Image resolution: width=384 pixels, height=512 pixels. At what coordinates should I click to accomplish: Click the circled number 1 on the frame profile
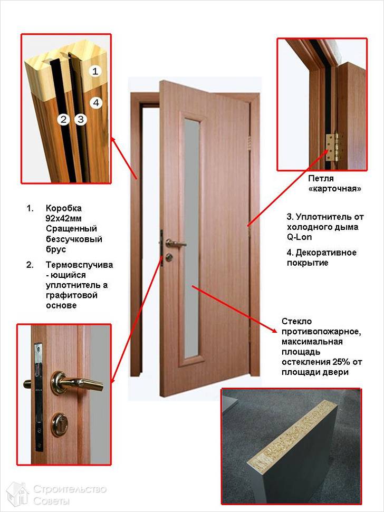[x=95, y=71]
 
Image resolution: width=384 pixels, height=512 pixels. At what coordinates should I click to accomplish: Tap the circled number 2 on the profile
[x=63, y=120]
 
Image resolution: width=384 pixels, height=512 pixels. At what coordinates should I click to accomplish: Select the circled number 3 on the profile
[x=80, y=120]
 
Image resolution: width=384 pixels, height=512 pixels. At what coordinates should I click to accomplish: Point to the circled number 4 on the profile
[x=95, y=102]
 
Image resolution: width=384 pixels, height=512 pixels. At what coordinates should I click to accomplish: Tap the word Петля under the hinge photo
[x=321, y=179]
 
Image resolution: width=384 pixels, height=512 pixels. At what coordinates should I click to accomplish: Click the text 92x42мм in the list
[x=64, y=218]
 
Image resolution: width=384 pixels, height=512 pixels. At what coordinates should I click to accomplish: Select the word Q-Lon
[x=299, y=237]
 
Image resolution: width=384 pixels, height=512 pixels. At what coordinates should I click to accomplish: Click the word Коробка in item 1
[x=64, y=208]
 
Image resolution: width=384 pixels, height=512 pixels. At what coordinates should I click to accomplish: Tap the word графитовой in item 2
[x=72, y=295]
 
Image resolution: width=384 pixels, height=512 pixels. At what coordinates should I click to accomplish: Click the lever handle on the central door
[x=175, y=243]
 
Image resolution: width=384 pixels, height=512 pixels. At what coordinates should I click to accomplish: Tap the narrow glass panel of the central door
[x=191, y=237]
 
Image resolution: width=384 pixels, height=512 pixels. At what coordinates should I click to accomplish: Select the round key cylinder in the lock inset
[x=60, y=424]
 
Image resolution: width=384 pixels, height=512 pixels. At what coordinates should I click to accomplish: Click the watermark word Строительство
[x=70, y=489]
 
